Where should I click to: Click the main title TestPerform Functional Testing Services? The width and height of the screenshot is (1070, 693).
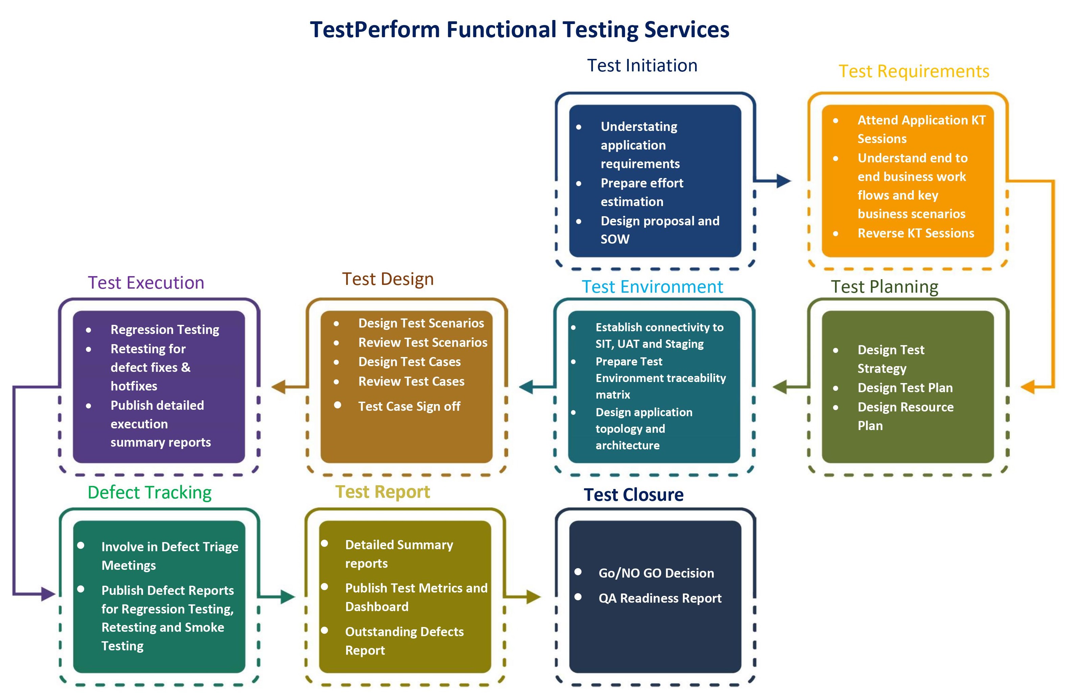[x=519, y=30]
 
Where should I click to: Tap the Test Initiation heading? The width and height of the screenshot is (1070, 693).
[x=642, y=66]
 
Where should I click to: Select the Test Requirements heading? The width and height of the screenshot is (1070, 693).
[x=914, y=71]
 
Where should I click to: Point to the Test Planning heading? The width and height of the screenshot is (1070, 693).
[x=884, y=287]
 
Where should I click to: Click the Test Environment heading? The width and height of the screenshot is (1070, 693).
[x=652, y=287]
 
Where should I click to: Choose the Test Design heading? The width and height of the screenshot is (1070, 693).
[x=388, y=280]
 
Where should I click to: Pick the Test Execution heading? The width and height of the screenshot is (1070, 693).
[x=146, y=283]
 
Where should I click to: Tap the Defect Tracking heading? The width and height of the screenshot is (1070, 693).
[x=150, y=493]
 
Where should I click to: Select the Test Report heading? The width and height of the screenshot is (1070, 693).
[x=383, y=492]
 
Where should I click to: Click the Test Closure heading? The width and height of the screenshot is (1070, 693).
[x=634, y=495]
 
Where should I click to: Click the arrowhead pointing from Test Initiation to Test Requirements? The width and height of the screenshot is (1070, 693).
[x=784, y=181]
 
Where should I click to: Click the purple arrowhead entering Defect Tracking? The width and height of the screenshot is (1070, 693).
[x=49, y=594]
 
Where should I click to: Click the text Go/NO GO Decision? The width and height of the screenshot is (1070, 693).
[x=657, y=573]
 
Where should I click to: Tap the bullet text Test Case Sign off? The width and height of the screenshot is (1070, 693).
[x=409, y=407]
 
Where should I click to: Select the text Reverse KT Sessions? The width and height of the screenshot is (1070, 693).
[x=916, y=233]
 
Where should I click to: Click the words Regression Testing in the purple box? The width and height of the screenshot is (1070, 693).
[x=165, y=330]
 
